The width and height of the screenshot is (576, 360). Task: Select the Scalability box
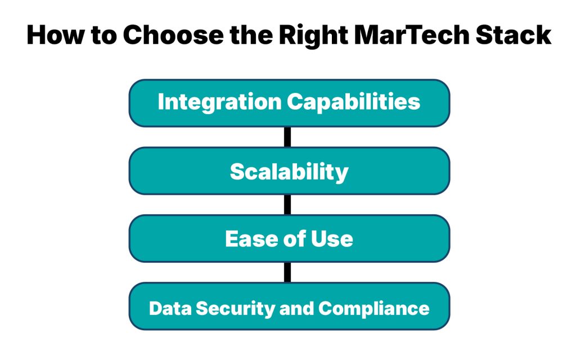coord(289,171)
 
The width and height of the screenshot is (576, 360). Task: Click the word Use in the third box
coord(333,239)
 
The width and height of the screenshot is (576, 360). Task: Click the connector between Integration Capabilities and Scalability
coord(287,137)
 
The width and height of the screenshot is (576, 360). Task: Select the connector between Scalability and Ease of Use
coord(287,205)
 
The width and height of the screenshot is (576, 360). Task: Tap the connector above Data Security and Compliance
coord(287,272)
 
